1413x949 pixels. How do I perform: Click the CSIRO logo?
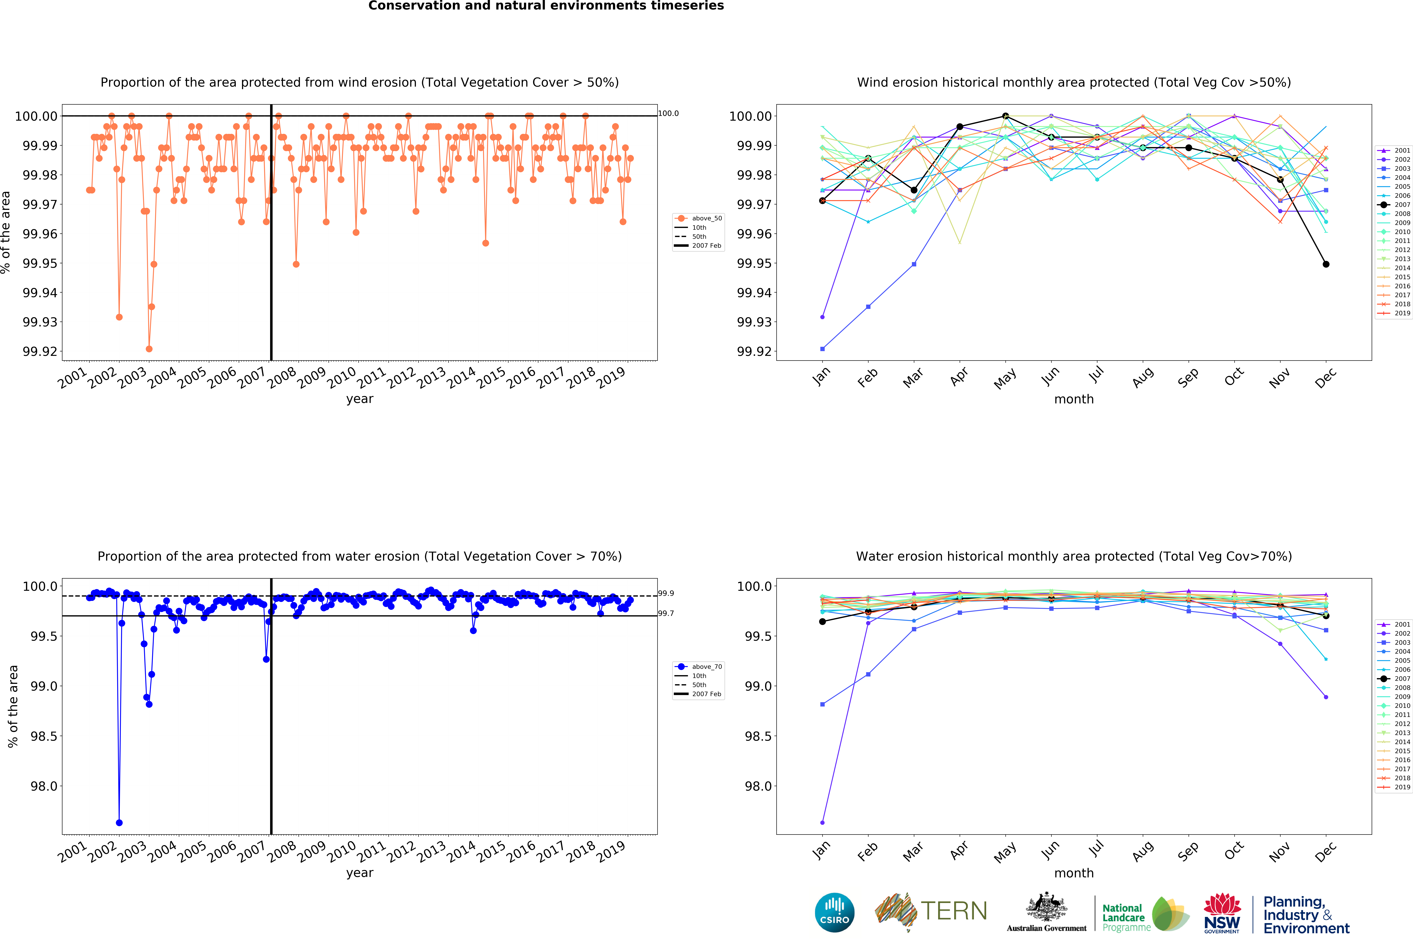click(x=834, y=912)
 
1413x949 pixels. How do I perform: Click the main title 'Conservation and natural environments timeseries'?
click(x=546, y=6)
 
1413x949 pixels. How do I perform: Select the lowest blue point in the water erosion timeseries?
click(x=119, y=823)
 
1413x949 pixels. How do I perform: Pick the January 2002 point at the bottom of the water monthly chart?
click(x=822, y=823)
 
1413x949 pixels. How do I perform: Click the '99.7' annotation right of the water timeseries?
click(x=666, y=613)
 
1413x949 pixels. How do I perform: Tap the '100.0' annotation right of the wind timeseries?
click(x=668, y=113)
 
